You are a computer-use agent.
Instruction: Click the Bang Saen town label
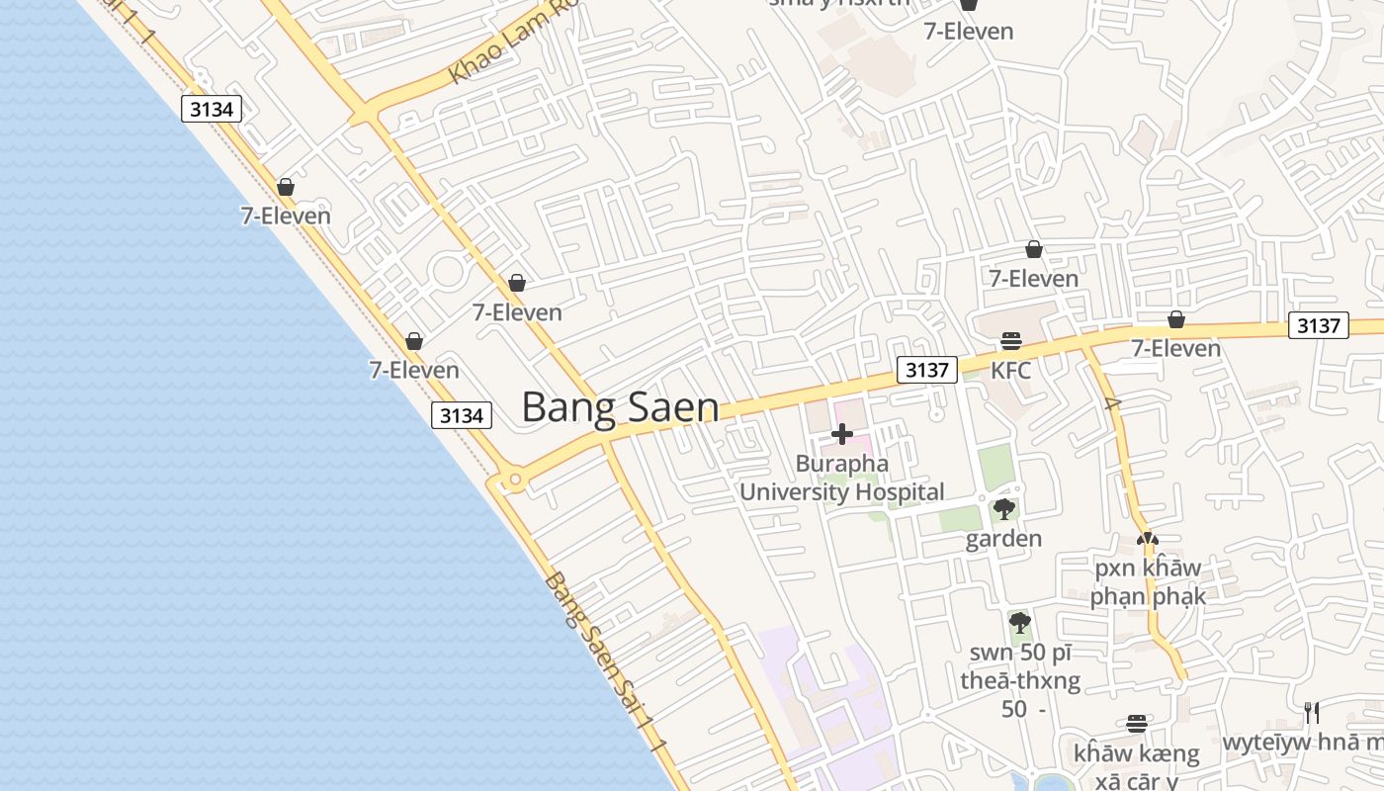tap(620, 406)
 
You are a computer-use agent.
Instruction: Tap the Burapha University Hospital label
tap(842, 478)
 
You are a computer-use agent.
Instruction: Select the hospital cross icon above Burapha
tap(842, 434)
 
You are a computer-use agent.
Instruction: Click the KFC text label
tap(1010, 371)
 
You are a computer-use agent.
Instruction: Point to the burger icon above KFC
tap(1010, 341)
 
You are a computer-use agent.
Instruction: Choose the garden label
tap(1003, 538)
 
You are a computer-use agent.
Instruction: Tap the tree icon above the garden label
tap(1004, 509)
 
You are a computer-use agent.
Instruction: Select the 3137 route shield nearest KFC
tap(927, 370)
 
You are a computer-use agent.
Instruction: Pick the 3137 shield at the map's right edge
tap(1318, 325)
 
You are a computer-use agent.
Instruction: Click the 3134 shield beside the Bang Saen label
tap(462, 415)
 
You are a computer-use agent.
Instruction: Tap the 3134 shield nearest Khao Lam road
tap(212, 109)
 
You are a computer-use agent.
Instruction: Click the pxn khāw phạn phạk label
tap(1148, 582)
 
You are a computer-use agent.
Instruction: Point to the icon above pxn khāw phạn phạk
tap(1147, 540)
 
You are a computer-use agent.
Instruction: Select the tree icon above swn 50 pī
tap(1019, 623)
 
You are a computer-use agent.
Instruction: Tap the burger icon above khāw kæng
tap(1137, 724)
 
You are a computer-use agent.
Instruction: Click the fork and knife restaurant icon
tap(1312, 713)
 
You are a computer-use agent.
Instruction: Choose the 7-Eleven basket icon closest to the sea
tap(286, 187)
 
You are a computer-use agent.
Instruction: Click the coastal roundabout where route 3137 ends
tap(513, 482)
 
